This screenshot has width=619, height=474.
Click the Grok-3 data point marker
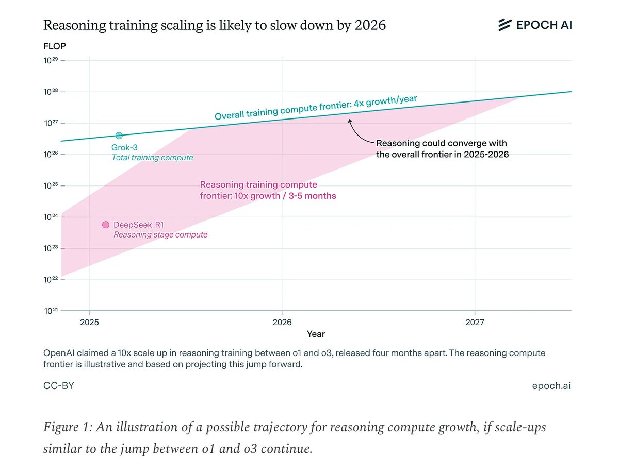pos(119,136)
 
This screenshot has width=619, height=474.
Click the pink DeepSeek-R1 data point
pos(106,225)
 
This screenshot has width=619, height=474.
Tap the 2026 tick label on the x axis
pos(282,321)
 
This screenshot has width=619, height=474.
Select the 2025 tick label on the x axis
pos(89,321)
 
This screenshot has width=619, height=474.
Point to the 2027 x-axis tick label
pos(475,321)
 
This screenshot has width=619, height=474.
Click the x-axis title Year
pos(316,334)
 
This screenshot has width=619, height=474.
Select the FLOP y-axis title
pos(55,46)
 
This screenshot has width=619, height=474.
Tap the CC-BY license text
pos(58,385)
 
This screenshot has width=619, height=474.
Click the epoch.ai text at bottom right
pos(551,385)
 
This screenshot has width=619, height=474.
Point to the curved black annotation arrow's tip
pos(349,121)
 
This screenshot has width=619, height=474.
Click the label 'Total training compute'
pos(152,158)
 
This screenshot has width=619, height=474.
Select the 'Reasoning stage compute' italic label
pos(160,235)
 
